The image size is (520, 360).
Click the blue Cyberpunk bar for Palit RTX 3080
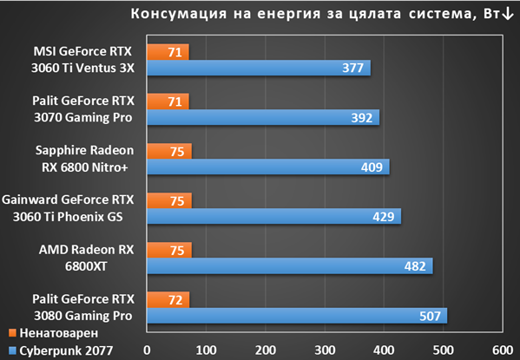click(297, 316)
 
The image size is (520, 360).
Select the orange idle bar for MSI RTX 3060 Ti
click(168, 52)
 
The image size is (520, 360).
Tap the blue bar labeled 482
click(290, 266)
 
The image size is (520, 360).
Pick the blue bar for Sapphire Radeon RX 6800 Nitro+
click(268, 167)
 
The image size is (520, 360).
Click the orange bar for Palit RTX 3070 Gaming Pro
click(168, 101)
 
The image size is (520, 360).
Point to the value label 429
click(384, 217)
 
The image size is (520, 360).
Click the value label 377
click(352, 68)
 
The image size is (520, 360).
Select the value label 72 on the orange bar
click(175, 300)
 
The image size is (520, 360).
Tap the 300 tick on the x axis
click(325, 350)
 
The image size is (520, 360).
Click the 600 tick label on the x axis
click(503, 350)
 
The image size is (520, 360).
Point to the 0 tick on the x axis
click(147, 350)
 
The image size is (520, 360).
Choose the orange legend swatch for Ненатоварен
click(12, 333)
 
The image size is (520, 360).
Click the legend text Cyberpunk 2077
click(66, 350)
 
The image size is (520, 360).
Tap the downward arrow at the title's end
click(508, 14)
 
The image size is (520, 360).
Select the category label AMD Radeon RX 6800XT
click(86, 258)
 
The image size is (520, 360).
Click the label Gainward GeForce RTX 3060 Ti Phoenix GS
click(68, 208)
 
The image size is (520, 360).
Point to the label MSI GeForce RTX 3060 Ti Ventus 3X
click(82, 60)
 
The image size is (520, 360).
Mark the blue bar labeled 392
click(263, 117)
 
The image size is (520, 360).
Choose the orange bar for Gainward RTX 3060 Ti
click(169, 200)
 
